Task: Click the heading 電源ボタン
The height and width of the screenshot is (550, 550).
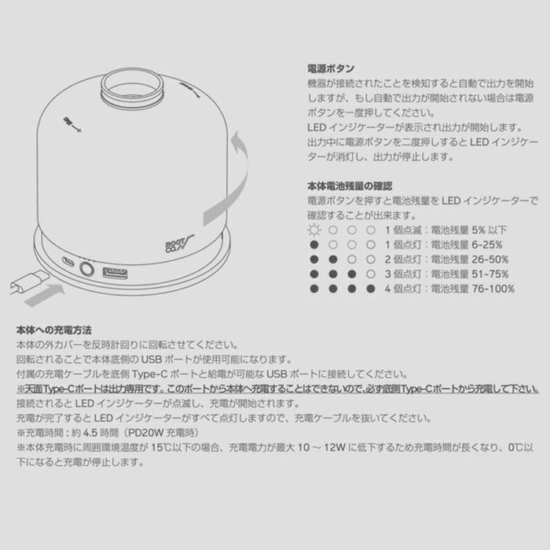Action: coord(331,68)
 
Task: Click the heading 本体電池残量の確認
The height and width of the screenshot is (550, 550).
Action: coord(350,186)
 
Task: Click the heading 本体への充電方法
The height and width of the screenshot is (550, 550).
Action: coord(53,330)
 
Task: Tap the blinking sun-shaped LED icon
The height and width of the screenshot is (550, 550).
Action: coord(314,230)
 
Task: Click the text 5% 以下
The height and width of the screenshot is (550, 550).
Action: coord(489,230)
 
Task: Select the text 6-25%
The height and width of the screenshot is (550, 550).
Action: coord(487,245)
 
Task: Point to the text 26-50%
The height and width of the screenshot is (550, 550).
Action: coord(490,259)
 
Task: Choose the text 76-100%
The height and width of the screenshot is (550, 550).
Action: coord(493,289)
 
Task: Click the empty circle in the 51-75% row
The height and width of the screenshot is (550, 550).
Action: coord(370,274)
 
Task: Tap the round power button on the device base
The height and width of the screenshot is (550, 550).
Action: coord(86,269)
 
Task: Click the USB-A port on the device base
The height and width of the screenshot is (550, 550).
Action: coord(115,273)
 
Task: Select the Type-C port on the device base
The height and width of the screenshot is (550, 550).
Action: coord(68,261)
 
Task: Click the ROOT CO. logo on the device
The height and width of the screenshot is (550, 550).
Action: coord(178,243)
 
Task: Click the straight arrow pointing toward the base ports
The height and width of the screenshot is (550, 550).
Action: coord(45,295)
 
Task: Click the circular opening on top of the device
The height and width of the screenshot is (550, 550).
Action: coord(131,86)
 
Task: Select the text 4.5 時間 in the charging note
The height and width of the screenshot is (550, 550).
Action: coord(100,433)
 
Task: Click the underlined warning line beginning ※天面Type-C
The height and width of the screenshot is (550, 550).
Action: coord(277,389)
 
